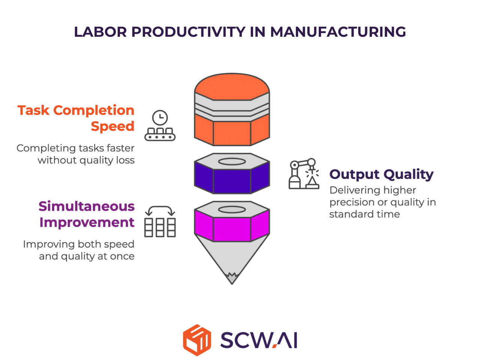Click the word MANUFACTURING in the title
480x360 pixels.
click(338, 32)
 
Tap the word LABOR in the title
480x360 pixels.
click(100, 32)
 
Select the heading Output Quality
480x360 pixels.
click(381, 175)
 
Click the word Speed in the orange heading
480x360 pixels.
click(112, 126)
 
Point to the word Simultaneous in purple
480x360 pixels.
click(87, 206)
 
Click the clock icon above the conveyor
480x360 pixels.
click(160, 118)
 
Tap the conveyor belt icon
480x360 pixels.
click(160, 134)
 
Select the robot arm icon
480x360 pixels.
click(304, 173)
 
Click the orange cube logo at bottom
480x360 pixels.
click(197, 340)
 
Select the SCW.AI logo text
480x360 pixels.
click(258, 340)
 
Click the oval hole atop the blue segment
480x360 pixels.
click(232, 162)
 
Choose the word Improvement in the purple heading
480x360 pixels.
click(87, 222)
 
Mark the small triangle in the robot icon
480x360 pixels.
click(312, 181)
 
